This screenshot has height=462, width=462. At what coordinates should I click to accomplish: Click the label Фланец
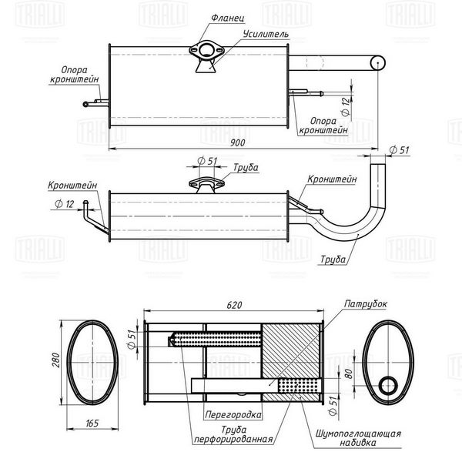pyautogui.click(x=227, y=18)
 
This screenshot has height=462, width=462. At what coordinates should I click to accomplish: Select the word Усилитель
pyautogui.click(x=266, y=34)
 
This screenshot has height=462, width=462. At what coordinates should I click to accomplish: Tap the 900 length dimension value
pyautogui.click(x=237, y=142)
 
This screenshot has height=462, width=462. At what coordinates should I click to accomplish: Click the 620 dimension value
pyautogui.click(x=234, y=305)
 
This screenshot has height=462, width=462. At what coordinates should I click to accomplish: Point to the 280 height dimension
pyautogui.click(x=55, y=360)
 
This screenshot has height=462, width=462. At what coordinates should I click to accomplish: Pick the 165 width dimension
pyautogui.click(x=92, y=423)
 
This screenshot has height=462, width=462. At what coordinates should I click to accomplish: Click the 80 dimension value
pyautogui.click(x=348, y=373)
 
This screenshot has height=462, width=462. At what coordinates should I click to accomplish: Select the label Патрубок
pyautogui.click(x=365, y=304)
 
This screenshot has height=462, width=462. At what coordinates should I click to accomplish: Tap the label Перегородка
pyautogui.click(x=233, y=415)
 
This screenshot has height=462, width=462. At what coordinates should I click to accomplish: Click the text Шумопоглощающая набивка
pyautogui.click(x=358, y=438)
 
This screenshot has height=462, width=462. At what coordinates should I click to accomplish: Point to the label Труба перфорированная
pyautogui.click(x=233, y=434)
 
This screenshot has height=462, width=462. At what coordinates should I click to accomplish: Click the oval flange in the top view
pyautogui.click(x=206, y=51)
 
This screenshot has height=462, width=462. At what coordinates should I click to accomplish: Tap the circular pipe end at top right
pyautogui.click(x=378, y=62)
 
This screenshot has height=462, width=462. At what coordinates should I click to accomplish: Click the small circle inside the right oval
pyautogui.click(x=388, y=386)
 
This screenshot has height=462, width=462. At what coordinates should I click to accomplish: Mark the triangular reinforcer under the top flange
pyautogui.click(x=206, y=66)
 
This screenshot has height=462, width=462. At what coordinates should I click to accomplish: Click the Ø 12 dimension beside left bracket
pyautogui.click(x=64, y=203)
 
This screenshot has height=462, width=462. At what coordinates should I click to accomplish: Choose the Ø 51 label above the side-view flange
pyautogui.click(x=207, y=161)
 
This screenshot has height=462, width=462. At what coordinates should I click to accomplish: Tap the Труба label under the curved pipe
pyautogui.click(x=333, y=259)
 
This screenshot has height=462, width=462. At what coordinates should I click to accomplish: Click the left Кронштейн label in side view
pyautogui.click(x=72, y=186)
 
